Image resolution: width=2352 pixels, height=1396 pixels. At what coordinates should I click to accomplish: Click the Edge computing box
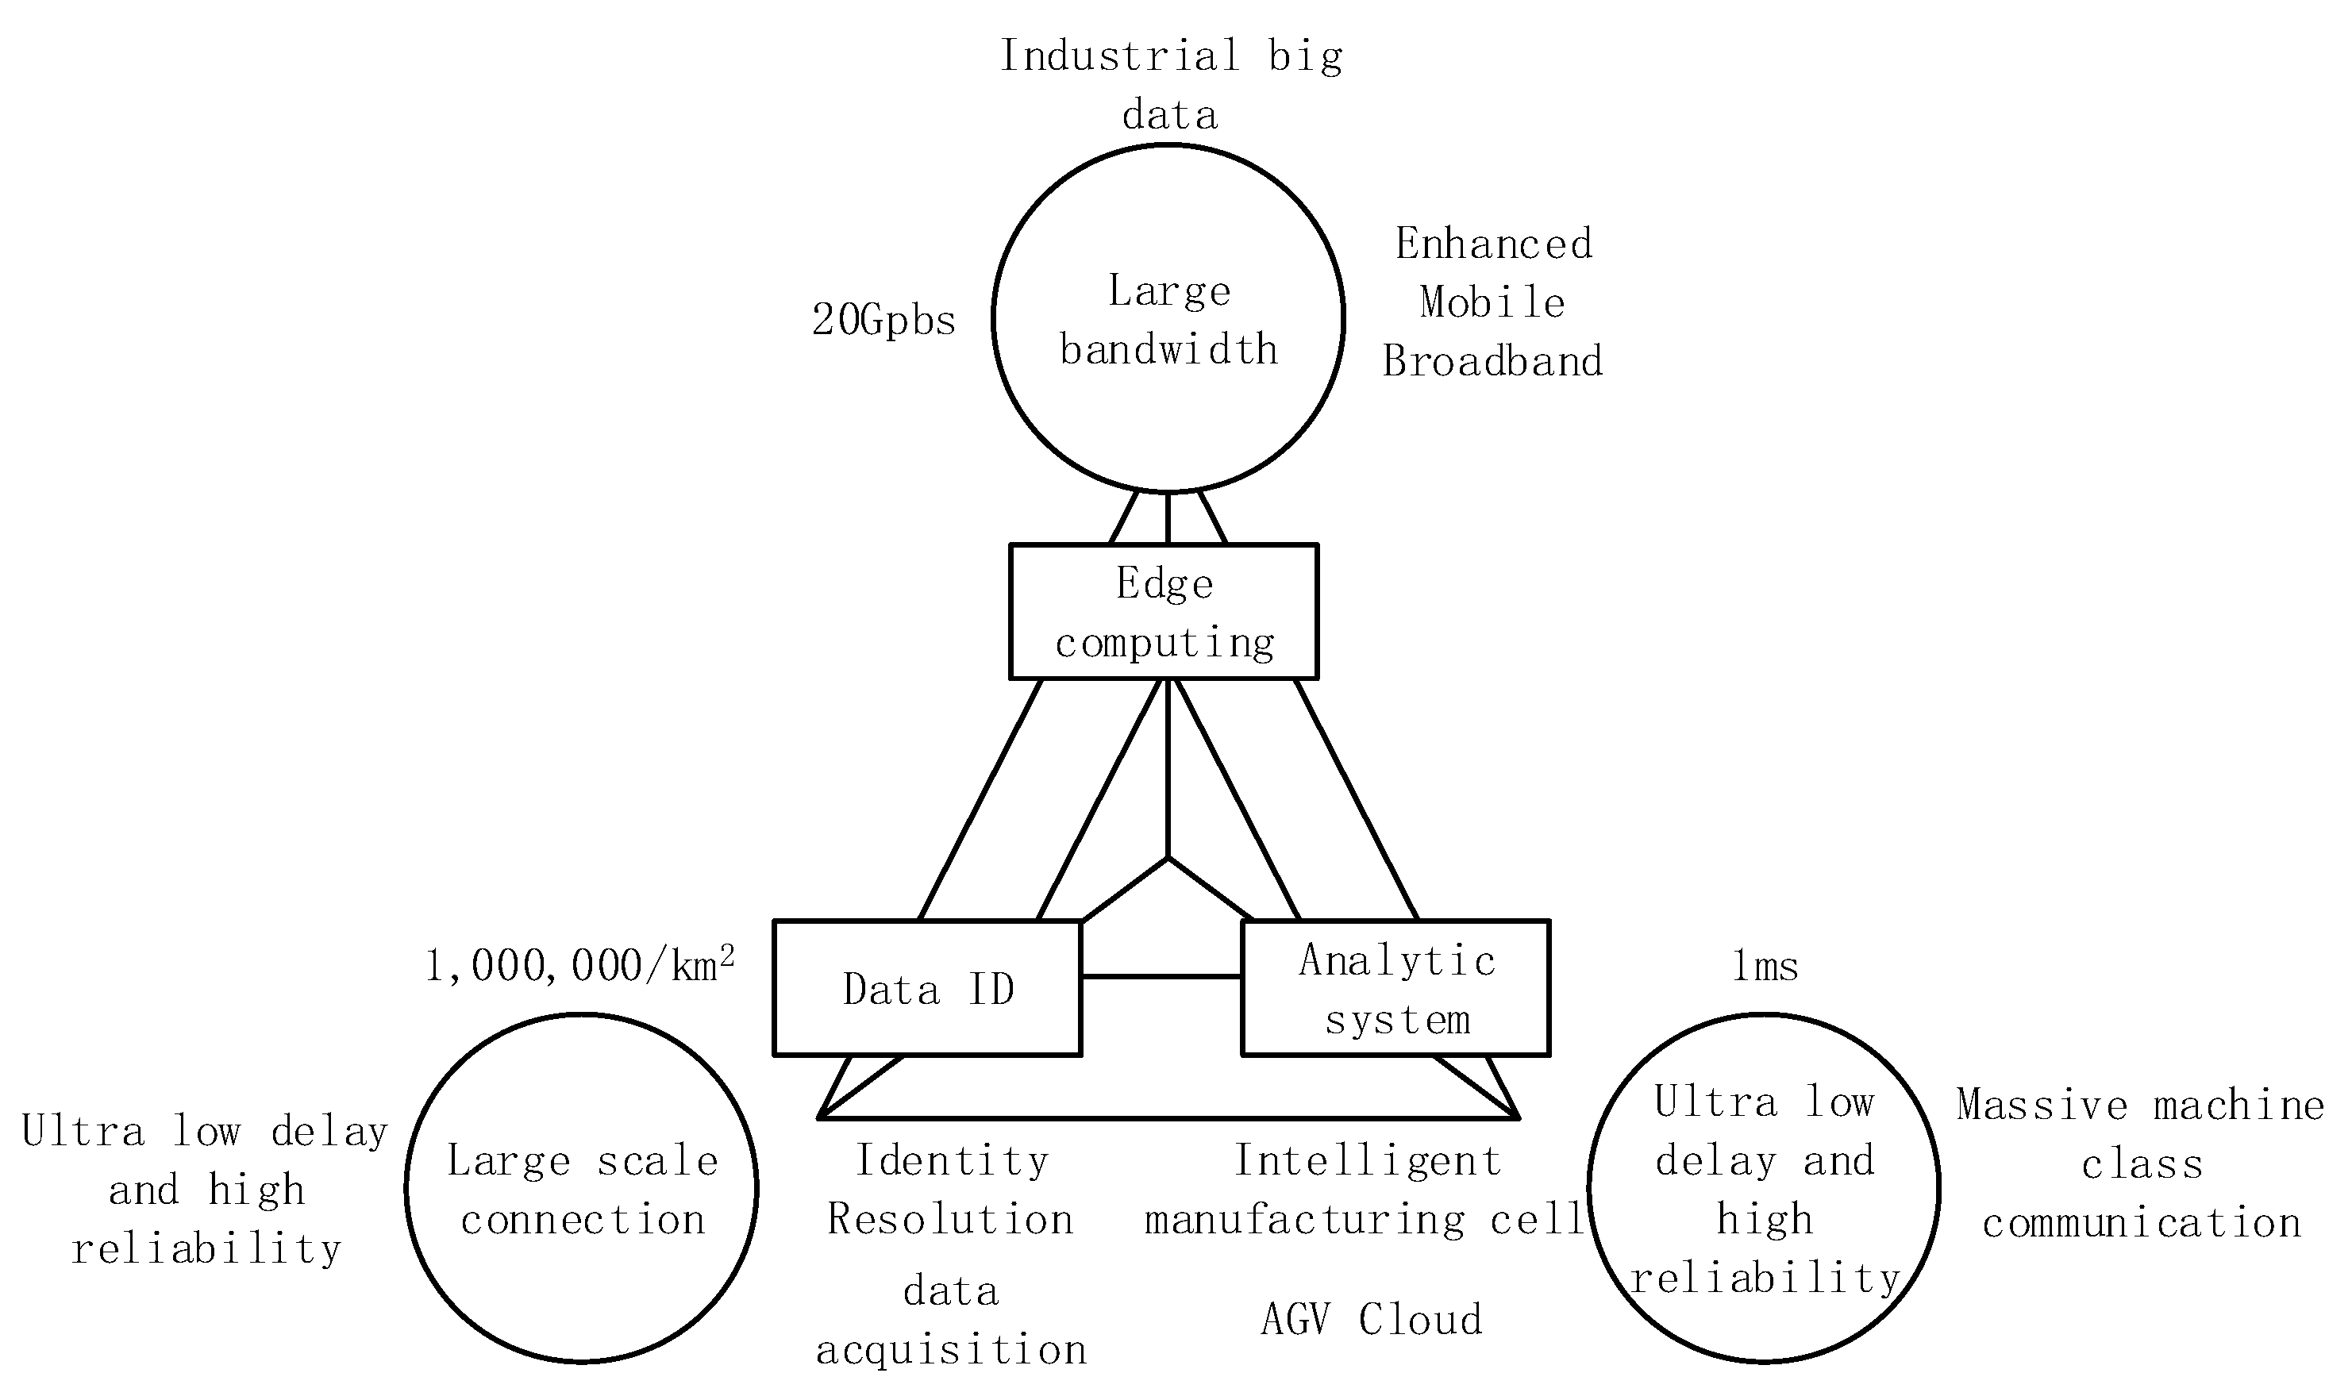pyautogui.click(x=1164, y=611)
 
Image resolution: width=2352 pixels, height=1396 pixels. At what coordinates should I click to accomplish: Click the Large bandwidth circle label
pyautogui.click(x=1168, y=320)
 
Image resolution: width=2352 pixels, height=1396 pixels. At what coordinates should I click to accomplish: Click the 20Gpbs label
pyautogui.click(x=883, y=321)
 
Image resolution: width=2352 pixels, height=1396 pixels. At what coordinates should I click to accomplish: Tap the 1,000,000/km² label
pyautogui.click(x=579, y=966)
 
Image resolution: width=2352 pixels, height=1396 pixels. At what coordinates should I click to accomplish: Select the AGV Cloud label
pyautogui.click(x=1372, y=1320)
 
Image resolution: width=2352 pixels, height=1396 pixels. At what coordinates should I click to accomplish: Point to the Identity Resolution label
pyautogui.click(x=950, y=1190)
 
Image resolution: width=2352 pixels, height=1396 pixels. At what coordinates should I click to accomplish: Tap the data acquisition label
pyautogui.click(x=950, y=1321)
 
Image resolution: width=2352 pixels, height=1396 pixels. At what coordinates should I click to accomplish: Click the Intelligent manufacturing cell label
pyautogui.click(x=1366, y=1190)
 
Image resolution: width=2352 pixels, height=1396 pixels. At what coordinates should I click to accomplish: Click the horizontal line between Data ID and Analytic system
pyautogui.click(x=1161, y=976)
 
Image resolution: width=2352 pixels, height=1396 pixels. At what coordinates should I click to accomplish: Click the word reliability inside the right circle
pyautogui.click(x=1765, y=1279)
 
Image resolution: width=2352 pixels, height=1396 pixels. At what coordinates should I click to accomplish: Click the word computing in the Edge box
pyautogui.click(x=1164, y=644)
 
